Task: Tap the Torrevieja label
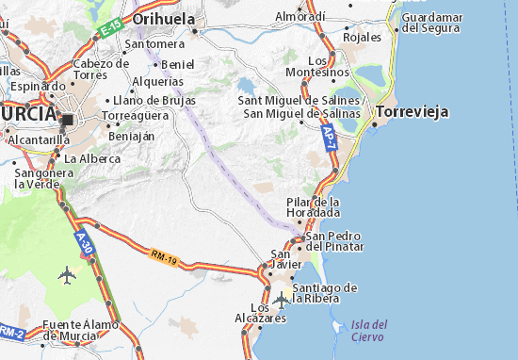[411, 111]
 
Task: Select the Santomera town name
[154, 43]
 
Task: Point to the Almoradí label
[300, 16]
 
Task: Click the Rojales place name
[363, 37]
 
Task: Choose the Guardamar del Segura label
[430, 23]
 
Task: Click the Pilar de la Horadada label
[313, 207]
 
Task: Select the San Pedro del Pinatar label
[333, 240]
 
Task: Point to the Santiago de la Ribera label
[325, 292]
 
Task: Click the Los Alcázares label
[267, 313]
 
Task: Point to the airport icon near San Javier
[283, 301]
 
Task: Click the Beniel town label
[177, 64]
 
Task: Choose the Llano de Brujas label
[152, 100]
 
